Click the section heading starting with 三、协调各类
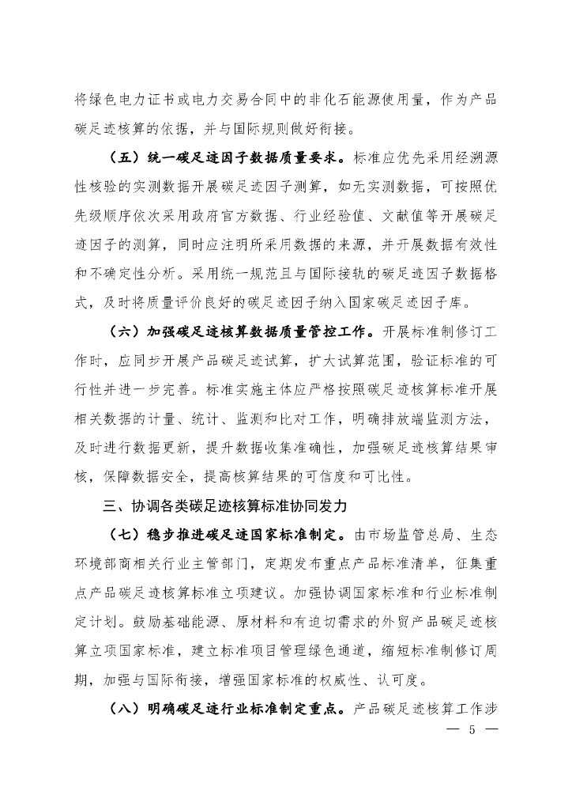[x=221, y=504]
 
